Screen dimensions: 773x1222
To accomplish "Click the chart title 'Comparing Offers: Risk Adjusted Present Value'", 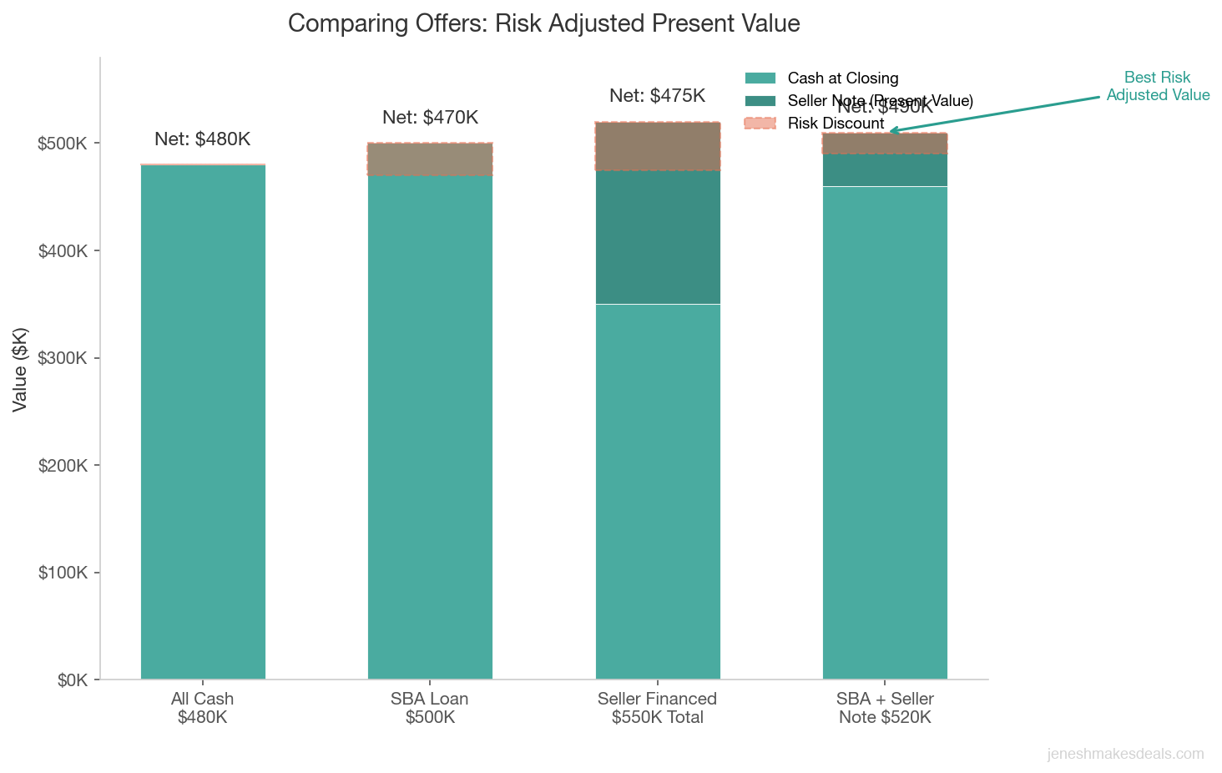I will point(543,23).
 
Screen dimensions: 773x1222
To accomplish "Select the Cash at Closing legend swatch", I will point(760,78).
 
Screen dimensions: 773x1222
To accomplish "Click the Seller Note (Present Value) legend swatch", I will point(760,101).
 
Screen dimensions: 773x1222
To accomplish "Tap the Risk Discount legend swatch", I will point(760,124).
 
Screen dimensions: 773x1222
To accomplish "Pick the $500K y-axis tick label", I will point(63,144).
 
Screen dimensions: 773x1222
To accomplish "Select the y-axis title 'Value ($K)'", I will point(20,369).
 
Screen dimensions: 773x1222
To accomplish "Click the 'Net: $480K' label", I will point(202,139).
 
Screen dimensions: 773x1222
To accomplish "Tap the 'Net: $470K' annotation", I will point(430,118).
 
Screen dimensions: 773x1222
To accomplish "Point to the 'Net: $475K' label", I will point(657,96).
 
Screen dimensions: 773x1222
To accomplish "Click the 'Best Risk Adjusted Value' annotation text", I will point(1158,87).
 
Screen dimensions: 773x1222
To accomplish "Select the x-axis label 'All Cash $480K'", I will point(202,708).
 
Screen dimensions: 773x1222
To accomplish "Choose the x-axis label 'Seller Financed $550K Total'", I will point(657,708).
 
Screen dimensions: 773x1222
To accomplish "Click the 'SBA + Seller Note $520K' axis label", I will point(885,708).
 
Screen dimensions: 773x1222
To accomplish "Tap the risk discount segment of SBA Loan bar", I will point(430,159).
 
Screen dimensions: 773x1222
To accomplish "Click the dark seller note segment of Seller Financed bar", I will point(658,237).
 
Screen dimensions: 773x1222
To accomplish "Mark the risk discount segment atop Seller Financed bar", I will point(658,146).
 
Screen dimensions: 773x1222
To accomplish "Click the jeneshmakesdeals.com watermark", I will point(1125,755).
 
